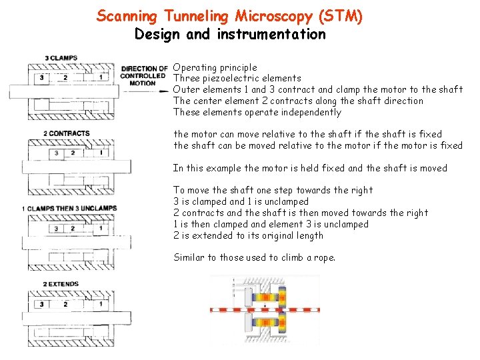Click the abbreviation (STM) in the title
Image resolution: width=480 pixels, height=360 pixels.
pyautogui.click(x=339, y=16)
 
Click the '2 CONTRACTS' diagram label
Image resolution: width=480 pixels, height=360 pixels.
pyautogui.click(x=67, y=133)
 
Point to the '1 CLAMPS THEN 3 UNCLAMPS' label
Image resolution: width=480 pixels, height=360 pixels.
pyautogui.click(x=69, y=209)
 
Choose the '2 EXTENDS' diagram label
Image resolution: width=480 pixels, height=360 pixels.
pyautogui.click(x=61, y=284)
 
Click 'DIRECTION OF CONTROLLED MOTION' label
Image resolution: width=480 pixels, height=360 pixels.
pyautogui.click(x=143, y=75)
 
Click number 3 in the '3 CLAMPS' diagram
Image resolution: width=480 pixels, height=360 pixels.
pyautogui.click(x=43, y=78)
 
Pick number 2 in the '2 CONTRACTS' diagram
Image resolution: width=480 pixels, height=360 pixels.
pyautogui.click(x=73, y=153)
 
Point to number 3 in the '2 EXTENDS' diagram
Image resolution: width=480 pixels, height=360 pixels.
pyautogui.click(x=43, y=304)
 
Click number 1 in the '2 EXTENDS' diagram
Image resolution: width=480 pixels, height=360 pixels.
pyautogui.click(x=101, y=304)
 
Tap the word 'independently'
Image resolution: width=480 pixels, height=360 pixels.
pyautogui.click(x=311, y=113)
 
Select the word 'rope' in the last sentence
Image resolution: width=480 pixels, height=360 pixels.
pyautogui.click(x=323, y=258)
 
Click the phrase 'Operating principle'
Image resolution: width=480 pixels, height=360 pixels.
pyautogui.click(x=215, y=67)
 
